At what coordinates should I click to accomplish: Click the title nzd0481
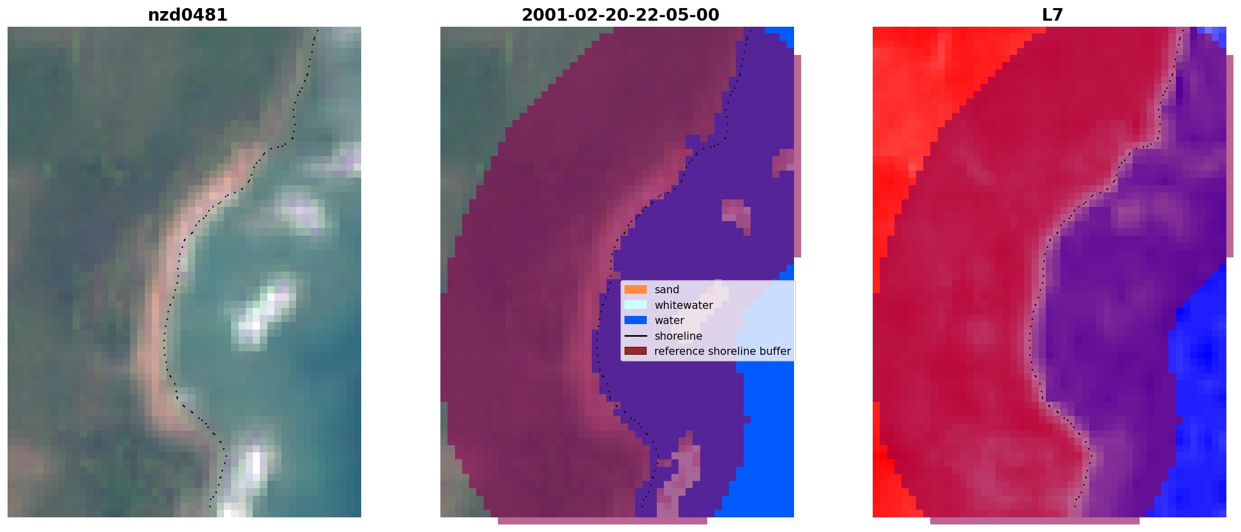point(187,15)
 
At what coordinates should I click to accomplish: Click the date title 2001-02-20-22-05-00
point(620,15)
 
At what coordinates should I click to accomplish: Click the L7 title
point(1052,15)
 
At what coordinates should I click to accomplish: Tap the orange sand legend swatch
point(635,290)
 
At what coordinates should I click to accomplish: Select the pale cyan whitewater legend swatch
point(635,305)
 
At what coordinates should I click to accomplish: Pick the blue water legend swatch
point(635,321)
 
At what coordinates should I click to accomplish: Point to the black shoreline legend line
point(635,336)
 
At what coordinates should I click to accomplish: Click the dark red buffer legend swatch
point(635,351)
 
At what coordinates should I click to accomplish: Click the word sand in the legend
point(667,290)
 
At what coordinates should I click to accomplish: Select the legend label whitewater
point(684,305)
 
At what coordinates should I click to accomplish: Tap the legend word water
point(669,321)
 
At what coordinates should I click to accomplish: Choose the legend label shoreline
point(678,336)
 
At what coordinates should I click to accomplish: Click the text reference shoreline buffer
point(722,351)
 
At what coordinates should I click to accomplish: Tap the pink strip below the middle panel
point(602,521)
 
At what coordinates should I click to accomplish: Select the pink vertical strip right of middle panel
point(798,156)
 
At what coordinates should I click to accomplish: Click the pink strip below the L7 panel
point(1035,521)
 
